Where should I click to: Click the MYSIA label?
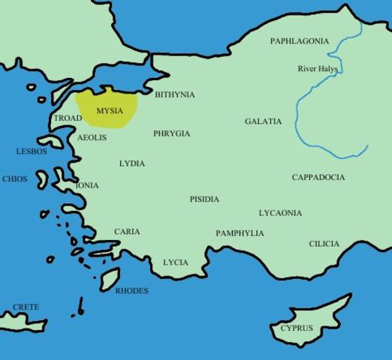coord(110,110)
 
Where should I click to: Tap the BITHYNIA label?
coord(174,94)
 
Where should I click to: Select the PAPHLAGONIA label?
coord(300,41)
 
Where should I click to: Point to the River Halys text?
coord(318,69)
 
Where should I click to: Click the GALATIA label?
coord(264,121)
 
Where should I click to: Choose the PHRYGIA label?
coord(171,133)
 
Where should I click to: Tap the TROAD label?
coord(68,118)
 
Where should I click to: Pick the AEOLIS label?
coord(92,138)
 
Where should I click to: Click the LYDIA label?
coord(132,163)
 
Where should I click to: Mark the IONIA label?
coord(87,185)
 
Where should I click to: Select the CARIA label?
coord(127,232)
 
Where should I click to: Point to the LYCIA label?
coord(176,262)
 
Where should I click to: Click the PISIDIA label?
coord(204,199)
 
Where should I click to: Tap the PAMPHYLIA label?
coord(240,233)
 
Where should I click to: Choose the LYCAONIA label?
coord(280,213)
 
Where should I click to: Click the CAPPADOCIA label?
coord(318,178)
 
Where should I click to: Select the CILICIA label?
coord(324,244)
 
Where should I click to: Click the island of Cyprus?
coord(308,319)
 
